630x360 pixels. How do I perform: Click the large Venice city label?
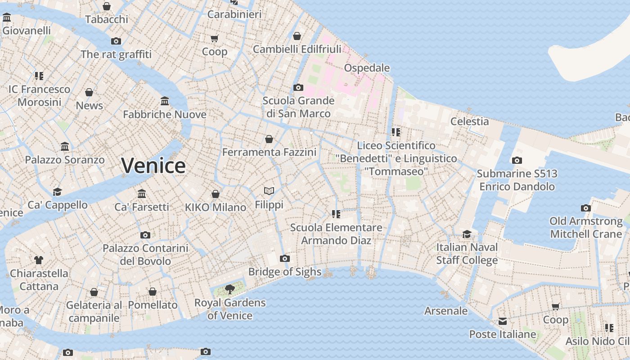[x=153, y=166]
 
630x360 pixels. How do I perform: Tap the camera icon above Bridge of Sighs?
[x=284, y=258]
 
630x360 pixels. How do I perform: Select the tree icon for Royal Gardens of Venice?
[x=230, y=289]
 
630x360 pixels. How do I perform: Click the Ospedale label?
[x=367, y=68]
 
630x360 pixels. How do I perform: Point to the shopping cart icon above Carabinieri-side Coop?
[x=215, y=38]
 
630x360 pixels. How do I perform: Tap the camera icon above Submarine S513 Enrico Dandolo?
[x=517, y=160]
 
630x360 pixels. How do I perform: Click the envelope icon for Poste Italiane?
[x=502, y=321]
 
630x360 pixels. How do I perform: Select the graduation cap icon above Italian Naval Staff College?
[x=467, y=234]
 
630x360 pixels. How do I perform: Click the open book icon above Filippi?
[x=269, y=191]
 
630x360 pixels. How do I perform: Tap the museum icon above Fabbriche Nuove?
[x=165, y=101]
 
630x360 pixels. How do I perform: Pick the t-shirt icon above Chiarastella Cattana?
[x=39, y=260]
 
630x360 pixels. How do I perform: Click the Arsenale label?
[x=446, y=311]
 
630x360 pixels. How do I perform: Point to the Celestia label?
[x=469, y=121]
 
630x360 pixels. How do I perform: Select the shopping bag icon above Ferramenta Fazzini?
[x=269, y=139]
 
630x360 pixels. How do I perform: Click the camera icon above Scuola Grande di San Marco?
[x=298, y=87]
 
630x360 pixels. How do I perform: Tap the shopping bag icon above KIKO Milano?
[x=216, y=194]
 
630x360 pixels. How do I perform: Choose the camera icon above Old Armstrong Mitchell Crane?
[x=585, y=208]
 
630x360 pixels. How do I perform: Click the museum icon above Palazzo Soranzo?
[x=65, y=146]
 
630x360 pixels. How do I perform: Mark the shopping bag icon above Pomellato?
[x=153, y=292]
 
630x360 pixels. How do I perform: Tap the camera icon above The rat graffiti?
[x=116, y=41]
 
